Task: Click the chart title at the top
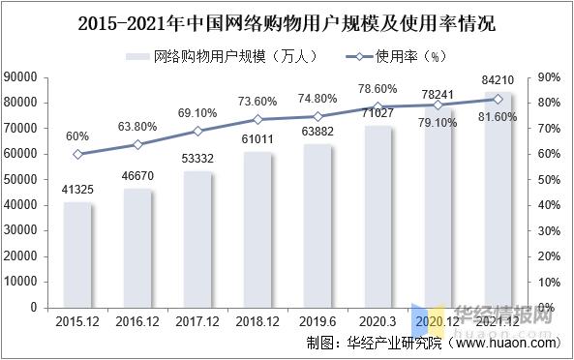pos(287,18)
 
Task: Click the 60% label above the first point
pos(77,136)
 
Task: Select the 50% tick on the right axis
pos(549,179)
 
